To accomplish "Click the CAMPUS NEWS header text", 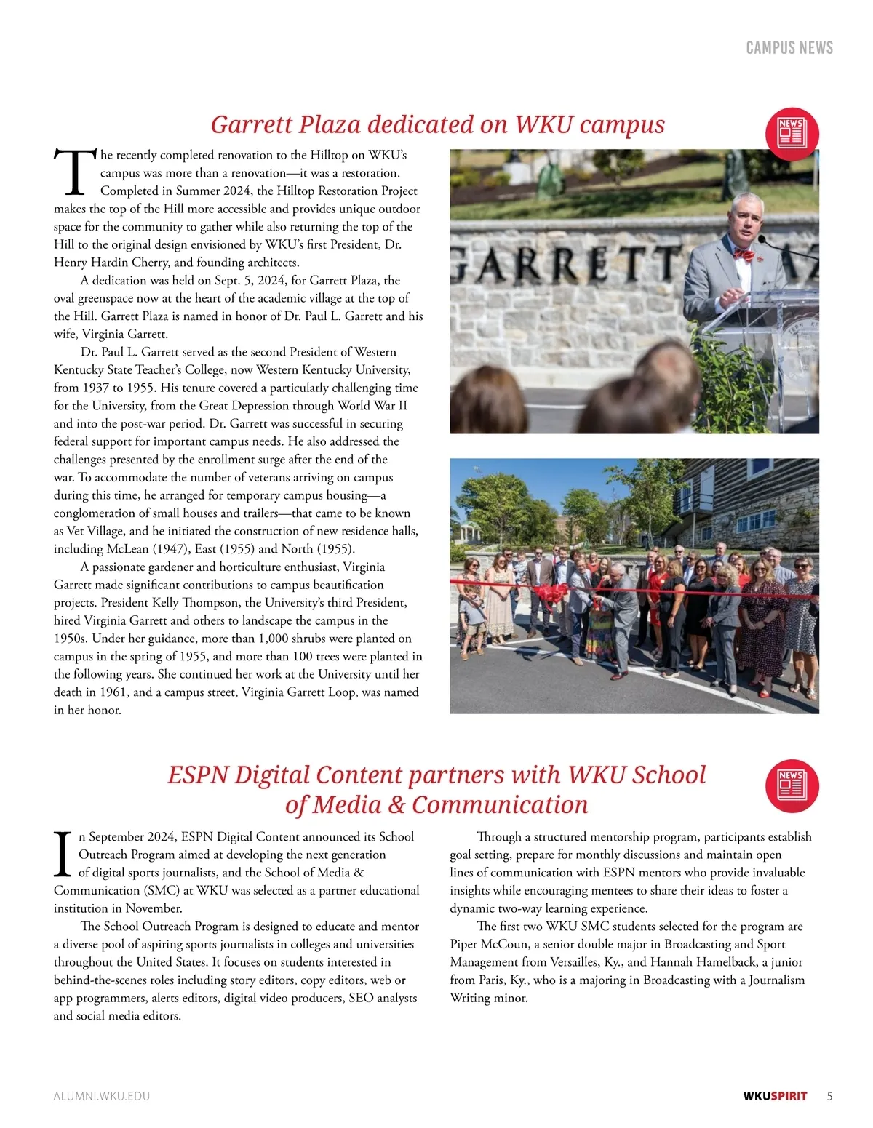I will click(x=789, y=48).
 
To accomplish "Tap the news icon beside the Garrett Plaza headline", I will click(x=792, y=135).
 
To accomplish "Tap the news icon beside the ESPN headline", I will click(x=792, y=785).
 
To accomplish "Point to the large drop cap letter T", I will click(x=74, y=173).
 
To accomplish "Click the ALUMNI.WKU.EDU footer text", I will click(x=102, y=1096).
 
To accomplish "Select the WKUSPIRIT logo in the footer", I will click(x=775, y=1096).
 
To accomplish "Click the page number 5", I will click(x=830, y=1096).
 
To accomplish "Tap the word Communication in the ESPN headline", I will click(x=500, y=805).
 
